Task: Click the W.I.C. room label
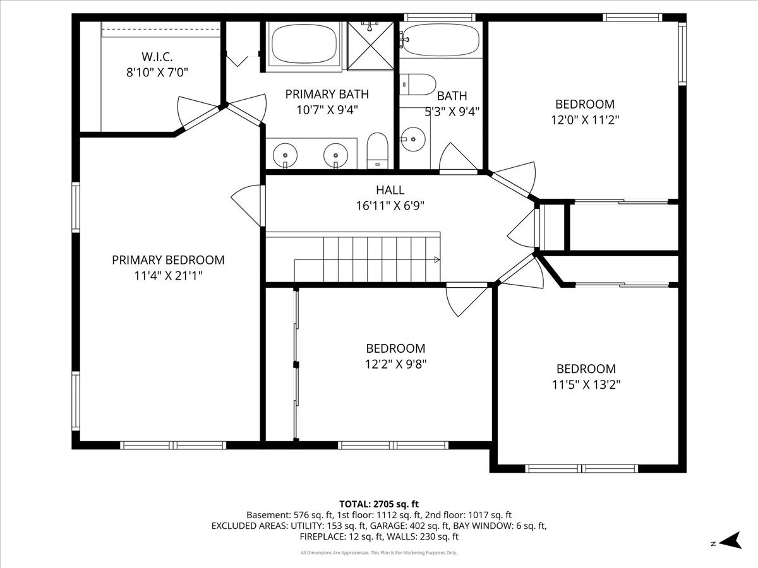coord(157,57)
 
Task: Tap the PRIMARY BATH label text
coord(327,94)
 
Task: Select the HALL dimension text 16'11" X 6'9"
coord(390,206)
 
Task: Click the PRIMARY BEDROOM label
coord(168,260)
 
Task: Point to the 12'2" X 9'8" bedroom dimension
coord(396,364)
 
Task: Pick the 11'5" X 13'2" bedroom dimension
coord(586,384)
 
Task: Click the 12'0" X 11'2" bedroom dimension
coord(585,120)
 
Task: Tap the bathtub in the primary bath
coord(304,44)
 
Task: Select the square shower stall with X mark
coord(370,46)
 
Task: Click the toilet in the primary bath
coord(378,151)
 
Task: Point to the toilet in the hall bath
coord(418,85)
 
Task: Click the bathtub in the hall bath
coord(441,40)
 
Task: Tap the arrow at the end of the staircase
coord(437,259)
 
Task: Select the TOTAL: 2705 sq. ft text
coord(379,504)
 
